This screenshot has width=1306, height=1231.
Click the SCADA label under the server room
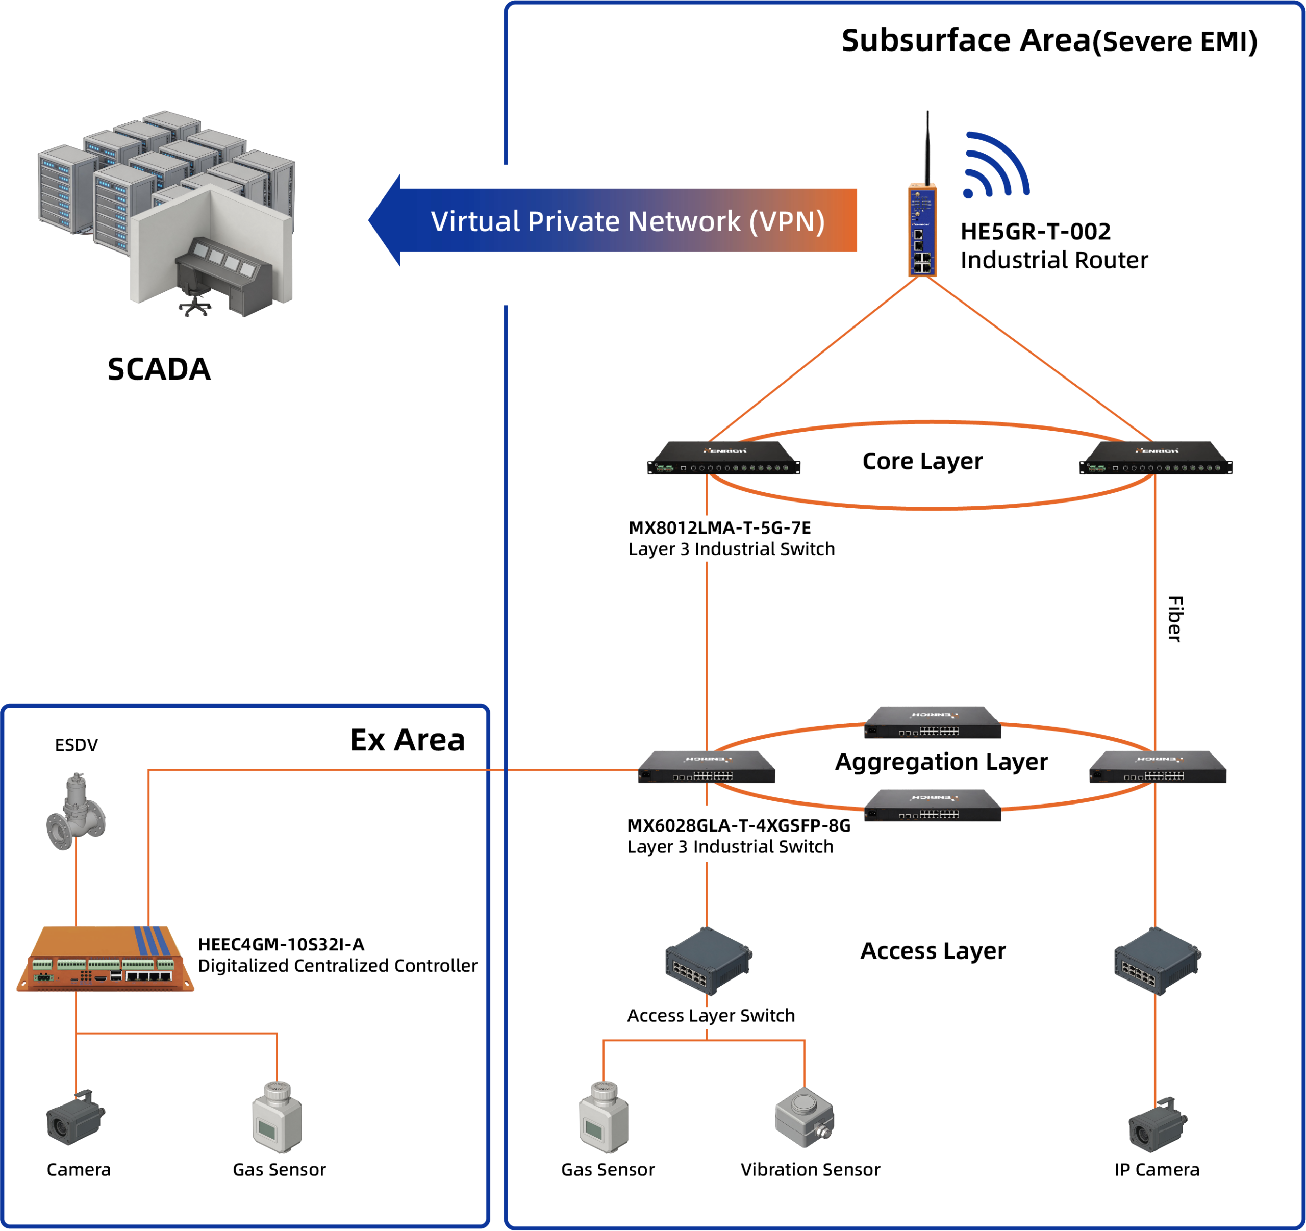point(159,369)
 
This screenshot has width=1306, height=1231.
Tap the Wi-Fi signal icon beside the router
point(996,165)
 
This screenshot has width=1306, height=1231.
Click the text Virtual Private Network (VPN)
point(627,221)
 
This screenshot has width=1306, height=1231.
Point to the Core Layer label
point(922,461)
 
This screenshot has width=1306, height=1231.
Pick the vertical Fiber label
point(1175,619)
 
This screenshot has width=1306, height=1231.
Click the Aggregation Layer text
point(941,762)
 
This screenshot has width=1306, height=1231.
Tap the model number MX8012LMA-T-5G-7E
point(719,527)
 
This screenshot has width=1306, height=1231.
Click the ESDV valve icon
point(76,812)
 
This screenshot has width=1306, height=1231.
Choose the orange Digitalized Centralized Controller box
point(105,959)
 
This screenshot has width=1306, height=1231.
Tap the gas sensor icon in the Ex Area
point(277,1117)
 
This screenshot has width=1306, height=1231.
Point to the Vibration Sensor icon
point(804,1117)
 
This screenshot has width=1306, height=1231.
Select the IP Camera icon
point(1158,1124)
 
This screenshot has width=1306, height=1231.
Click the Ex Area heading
point(407,740)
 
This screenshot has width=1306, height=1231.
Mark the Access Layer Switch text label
point(711,1016)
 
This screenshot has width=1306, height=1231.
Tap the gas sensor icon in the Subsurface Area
point(604,1117)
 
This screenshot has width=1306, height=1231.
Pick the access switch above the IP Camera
point(1158,961)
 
